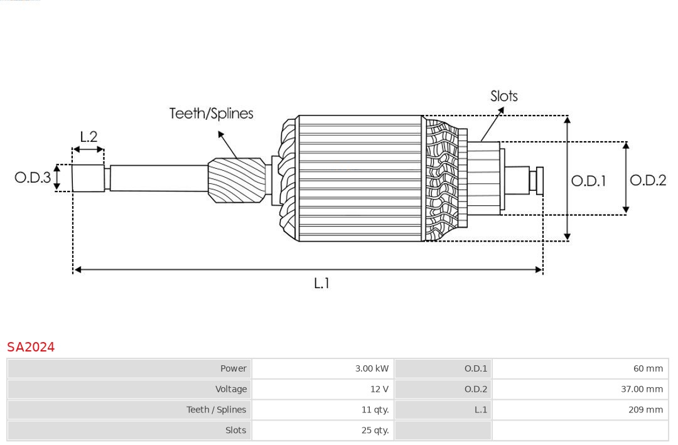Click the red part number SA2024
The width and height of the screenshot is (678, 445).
31,347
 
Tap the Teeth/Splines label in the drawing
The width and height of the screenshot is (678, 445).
211,114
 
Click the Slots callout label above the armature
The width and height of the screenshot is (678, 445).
503,96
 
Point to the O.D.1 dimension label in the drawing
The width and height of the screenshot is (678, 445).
588,181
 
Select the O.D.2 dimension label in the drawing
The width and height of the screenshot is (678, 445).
647,181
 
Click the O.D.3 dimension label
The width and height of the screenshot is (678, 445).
33,178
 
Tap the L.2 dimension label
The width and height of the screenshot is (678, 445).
89,137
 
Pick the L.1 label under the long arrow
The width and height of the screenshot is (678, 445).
321,284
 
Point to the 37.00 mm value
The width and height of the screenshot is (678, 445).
642,389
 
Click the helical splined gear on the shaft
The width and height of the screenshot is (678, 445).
236,180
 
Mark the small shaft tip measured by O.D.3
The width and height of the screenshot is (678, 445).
88,178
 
